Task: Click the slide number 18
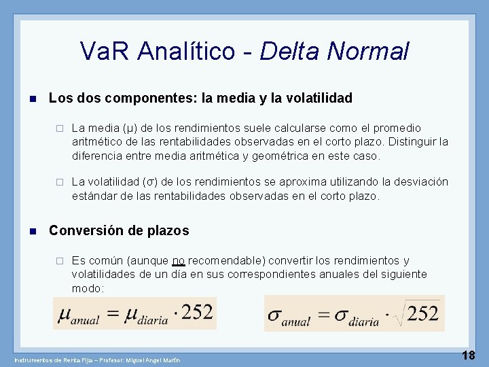click(469, 355)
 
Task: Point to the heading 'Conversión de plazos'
click(119, 230)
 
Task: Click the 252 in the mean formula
click(197, 312)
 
